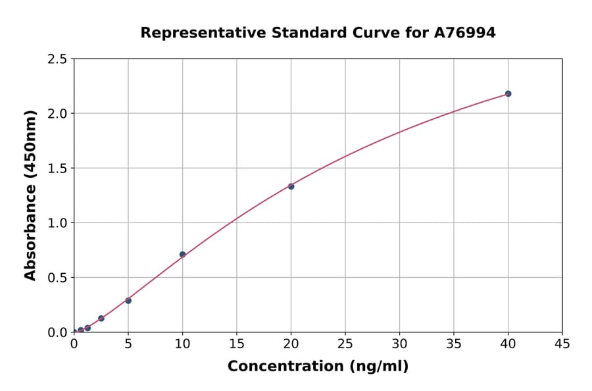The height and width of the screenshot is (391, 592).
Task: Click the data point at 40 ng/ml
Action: coord(508,93)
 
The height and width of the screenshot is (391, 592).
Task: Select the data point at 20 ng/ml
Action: coord(291,186)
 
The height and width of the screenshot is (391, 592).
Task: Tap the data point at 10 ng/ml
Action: coord(182,254)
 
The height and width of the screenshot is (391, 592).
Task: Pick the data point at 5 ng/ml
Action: coord(128,301)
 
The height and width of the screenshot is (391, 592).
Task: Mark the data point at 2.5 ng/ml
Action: coord(101,319)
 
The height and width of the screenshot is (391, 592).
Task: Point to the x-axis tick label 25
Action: coord(345,344)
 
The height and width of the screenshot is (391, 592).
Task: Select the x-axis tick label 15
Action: coord(237,344)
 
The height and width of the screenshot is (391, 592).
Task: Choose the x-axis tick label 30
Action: coord(399,344)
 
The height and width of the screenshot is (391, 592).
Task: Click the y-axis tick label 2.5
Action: coord(58,59)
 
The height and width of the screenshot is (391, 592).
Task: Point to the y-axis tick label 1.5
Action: coord(58,169)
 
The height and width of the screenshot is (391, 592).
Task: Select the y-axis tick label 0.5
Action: coord(58,278)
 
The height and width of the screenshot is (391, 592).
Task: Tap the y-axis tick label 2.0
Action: coord(58,114)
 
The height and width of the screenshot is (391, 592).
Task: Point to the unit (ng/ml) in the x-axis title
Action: coord(378,366)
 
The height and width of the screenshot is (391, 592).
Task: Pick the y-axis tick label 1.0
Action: coord(58,223)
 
